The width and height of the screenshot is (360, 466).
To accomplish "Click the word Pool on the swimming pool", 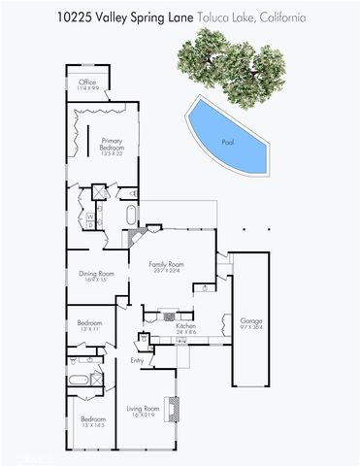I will click(228, 142).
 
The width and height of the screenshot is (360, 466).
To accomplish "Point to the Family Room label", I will click(165, 266).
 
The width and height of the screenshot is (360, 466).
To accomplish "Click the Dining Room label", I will click(97, 276).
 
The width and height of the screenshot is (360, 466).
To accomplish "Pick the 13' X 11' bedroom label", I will click(89, 325).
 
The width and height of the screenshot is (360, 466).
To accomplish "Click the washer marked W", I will click(90, 215).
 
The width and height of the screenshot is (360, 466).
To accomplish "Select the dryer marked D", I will click(90, 224).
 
